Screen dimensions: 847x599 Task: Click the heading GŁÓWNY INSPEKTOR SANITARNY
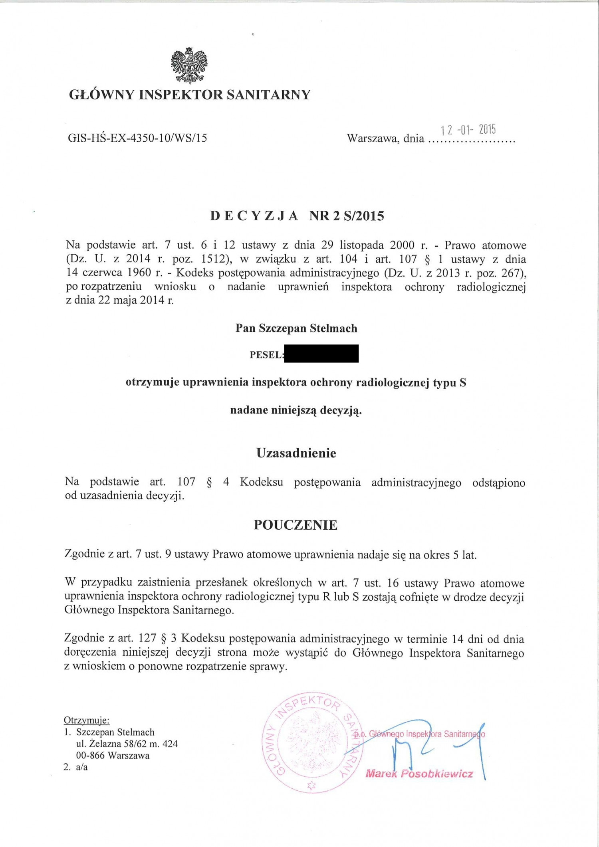190,95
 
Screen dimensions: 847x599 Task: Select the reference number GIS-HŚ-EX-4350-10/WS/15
137,138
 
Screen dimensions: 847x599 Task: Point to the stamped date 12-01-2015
468,130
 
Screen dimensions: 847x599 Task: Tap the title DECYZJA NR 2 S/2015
297,216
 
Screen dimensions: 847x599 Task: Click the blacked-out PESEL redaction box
321,354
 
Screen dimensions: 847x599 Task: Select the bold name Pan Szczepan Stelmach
296,328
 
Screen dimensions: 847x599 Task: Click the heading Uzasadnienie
296,453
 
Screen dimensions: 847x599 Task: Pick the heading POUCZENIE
296,525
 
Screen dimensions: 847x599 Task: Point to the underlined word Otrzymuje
86,720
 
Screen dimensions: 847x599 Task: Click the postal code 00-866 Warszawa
113,755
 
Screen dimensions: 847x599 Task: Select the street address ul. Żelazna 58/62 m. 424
127,744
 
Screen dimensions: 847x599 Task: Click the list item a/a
81,767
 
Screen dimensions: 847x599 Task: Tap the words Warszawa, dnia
385,139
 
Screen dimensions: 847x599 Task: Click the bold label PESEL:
266,355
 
